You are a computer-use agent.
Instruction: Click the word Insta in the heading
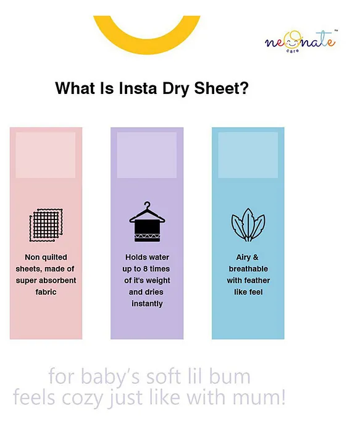point(138,88)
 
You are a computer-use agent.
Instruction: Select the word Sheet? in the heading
point(222,88)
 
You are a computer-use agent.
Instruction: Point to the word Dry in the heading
point(176,89)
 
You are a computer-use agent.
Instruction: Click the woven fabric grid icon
point(46,225)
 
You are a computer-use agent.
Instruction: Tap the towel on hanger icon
point(147,222)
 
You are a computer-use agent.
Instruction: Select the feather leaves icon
point(248,225)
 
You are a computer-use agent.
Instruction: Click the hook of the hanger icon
point(147,205)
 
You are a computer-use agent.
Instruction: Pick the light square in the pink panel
point(45,155)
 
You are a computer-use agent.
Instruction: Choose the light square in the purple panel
point(147,155)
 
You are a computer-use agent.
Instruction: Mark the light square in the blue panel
point(248,155)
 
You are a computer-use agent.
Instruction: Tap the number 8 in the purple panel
point(145,269)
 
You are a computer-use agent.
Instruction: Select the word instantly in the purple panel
point(147,303)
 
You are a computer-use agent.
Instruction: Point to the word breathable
point(248,269)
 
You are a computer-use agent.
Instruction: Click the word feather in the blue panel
point(257,281)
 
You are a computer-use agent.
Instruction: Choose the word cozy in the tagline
point(82,398)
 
